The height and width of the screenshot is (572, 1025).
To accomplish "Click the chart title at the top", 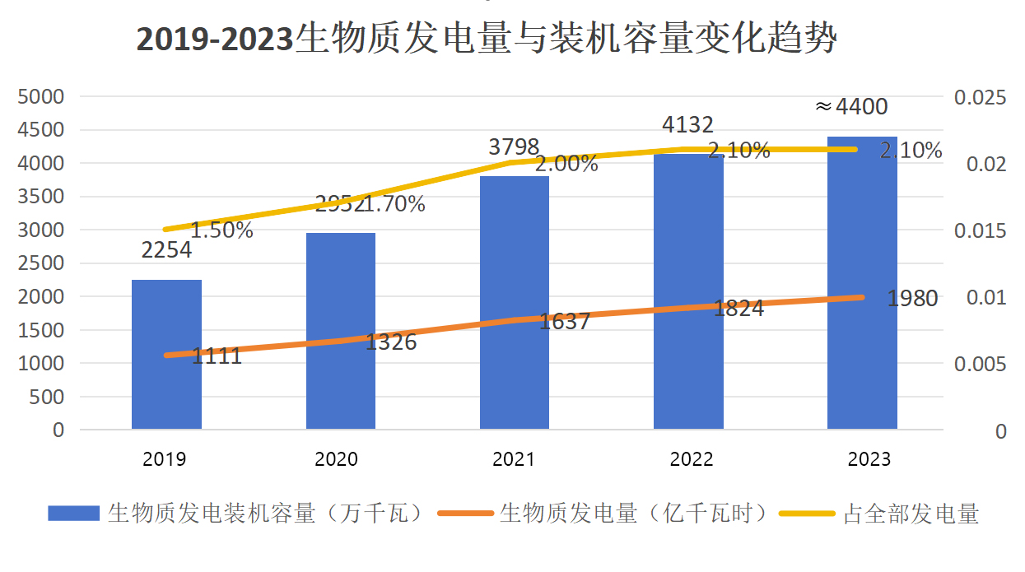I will (486, 39).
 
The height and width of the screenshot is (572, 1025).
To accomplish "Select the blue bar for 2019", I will (166, 362).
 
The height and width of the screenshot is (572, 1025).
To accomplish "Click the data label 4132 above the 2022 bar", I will (687, 125).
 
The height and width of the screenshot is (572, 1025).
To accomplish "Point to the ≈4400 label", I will (851, 107).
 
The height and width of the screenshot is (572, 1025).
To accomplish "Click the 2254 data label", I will (166, 250).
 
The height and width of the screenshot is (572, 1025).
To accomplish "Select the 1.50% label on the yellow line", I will (221, 230).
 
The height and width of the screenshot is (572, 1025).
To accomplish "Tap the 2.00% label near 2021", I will (566, 164).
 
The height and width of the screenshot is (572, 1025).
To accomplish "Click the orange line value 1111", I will (217, 356).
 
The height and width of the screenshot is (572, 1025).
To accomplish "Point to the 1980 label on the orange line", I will (912, 299).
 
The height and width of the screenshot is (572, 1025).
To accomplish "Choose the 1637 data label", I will (565, 322).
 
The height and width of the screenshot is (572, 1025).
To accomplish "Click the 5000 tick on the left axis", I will (41, 97).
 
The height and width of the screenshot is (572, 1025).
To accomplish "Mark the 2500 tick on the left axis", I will (41, 263).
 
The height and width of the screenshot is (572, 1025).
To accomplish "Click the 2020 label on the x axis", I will (337, 459).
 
